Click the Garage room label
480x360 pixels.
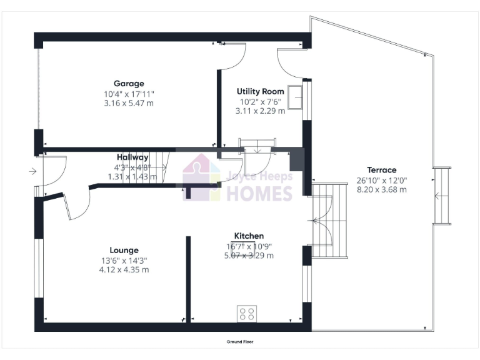tap(129, 84)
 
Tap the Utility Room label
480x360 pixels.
tap(261, 91)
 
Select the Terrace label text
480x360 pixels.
tap(381, 170)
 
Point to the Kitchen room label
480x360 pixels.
tap(249, 236)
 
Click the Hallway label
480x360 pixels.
tap(132, 157)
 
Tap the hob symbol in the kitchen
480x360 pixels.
tap(247, 313)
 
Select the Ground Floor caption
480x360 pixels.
tap(240, 342)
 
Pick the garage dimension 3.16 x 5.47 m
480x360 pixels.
tap(129, 103)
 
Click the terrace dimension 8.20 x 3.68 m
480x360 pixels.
tap(381, 189)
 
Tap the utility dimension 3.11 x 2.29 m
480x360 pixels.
tap(261, 111)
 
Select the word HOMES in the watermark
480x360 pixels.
tap(259, 193)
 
